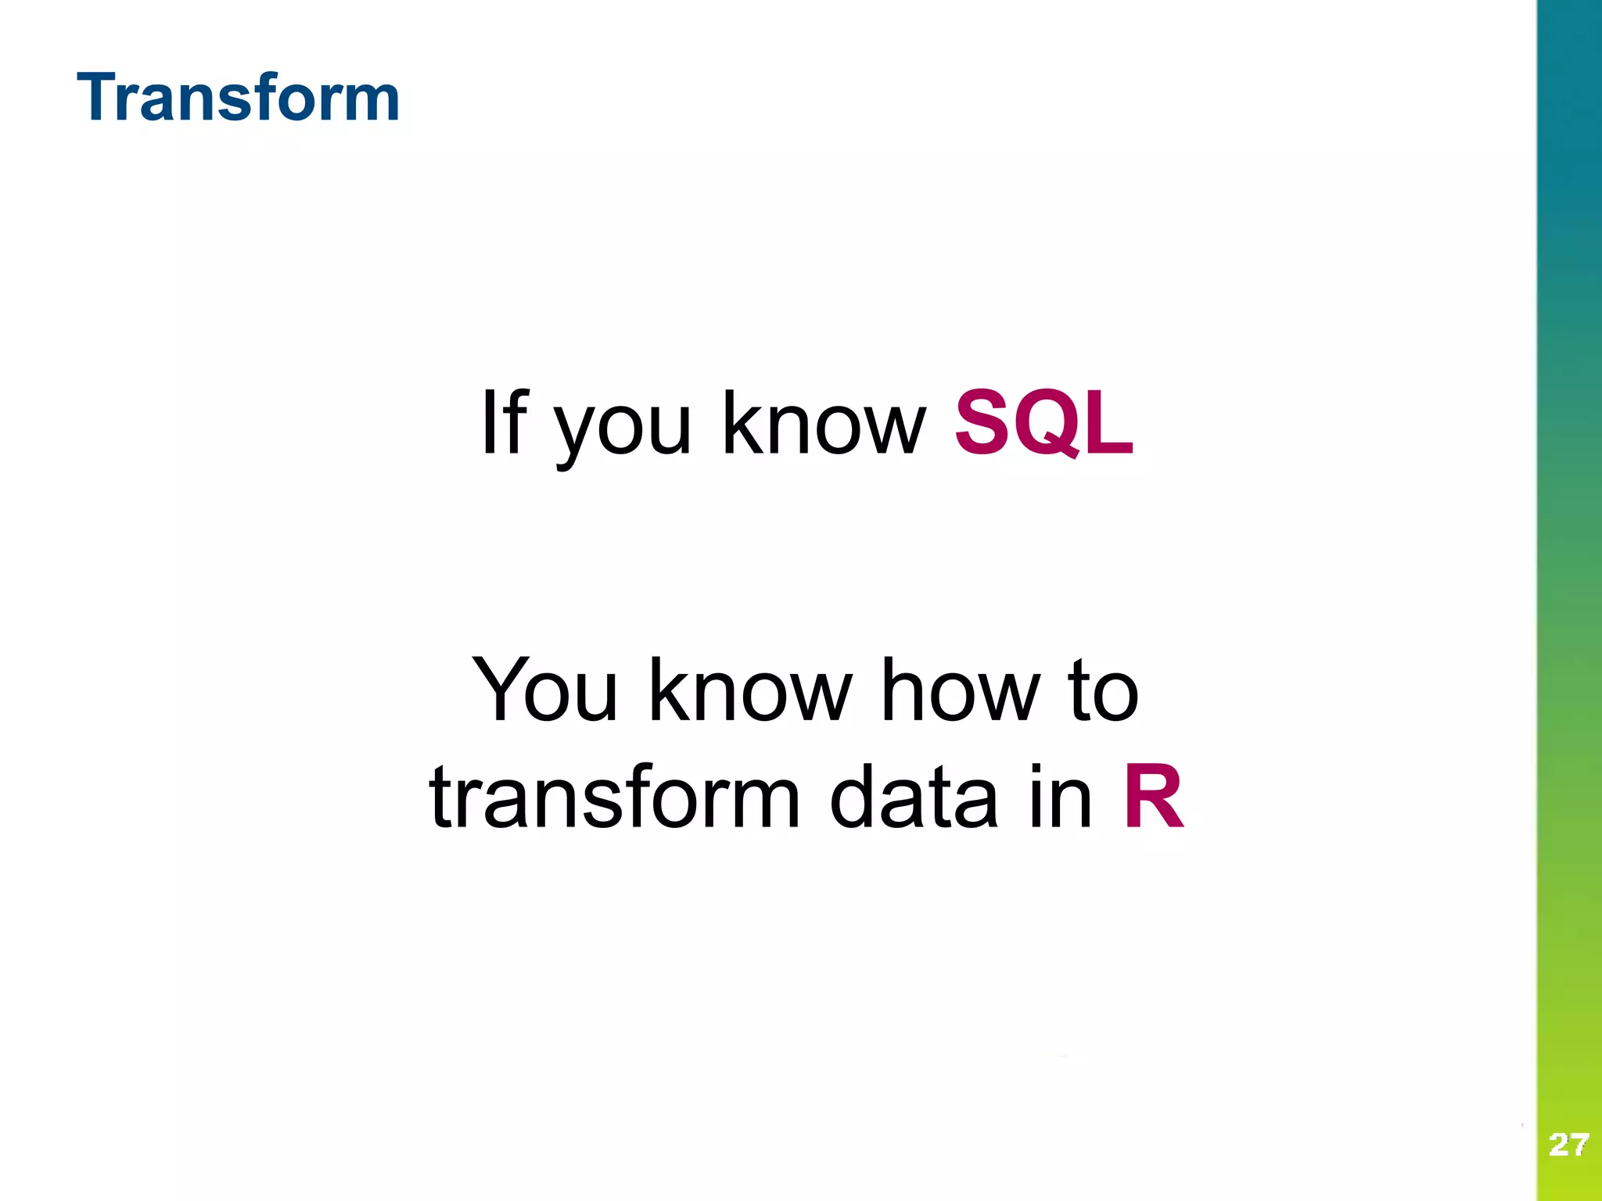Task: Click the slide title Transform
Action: [x=239, y=98]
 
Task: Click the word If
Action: [x=505, y=423]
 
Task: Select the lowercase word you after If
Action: [x=623, y=429]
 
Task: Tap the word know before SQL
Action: [x=823, y=423]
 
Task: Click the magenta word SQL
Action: [x=1044, y=423]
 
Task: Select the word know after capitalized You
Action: [x=750, y=690]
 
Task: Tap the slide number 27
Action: [x=1568, y=1145]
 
